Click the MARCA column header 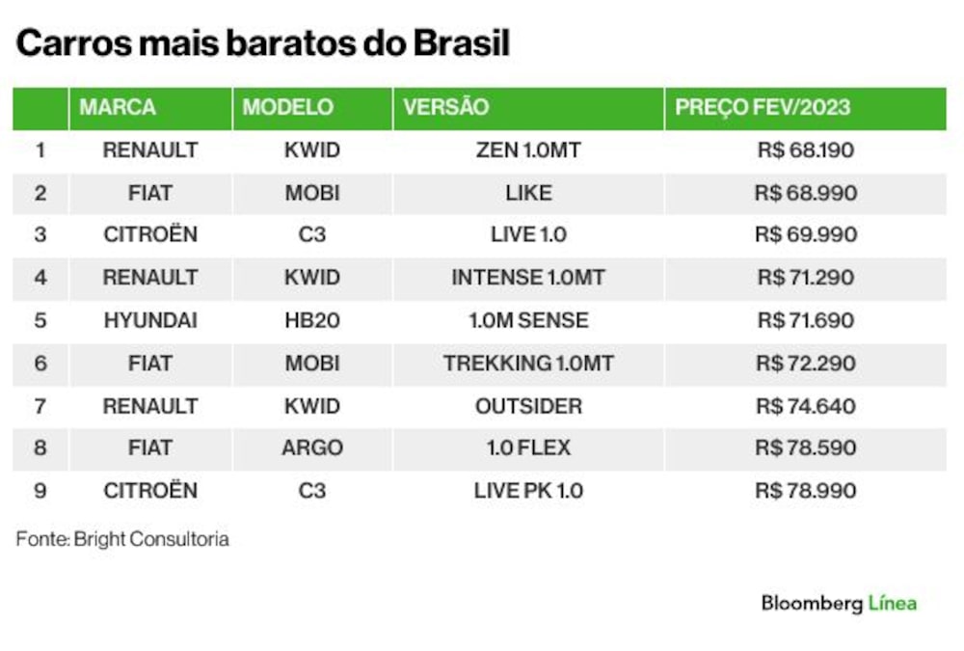pyautogui.click(x=118, y=108)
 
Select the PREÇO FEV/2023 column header pyautogui.click(x=763, y=108)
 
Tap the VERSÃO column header pyautogui.click(x=446, y=107)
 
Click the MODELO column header pyautogui.click(x=287, y=108)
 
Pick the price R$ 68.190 pyautogui.click(x=805, y=150)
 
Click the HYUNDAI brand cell pyautogui.click(x=150, y=320)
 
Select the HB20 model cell pyautogui.click(x=312, y=320)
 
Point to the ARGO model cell pyautogui.click(x=312, y=448)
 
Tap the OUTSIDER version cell pyautogui.click(x=528, y=406)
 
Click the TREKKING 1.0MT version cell pyautogui.click(x=528, y=364)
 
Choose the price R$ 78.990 pyautogui.click(x=805, y=491)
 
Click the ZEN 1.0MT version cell pyautogui.click(x=528, y=150)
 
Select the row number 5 pyautogui.click(x=40, y=320)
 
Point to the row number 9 pyautogui.click(x=40, y=491)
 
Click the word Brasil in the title pyautogui.click(x=461, y=43)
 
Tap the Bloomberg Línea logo pyautogui.click(x=840, y=603)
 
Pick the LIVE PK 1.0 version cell pyautogui.click(x=528, y=491)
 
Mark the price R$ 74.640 pyautogui.click(x=805, y=406)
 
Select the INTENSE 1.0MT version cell pyautogui.click(x=528, y=278)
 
